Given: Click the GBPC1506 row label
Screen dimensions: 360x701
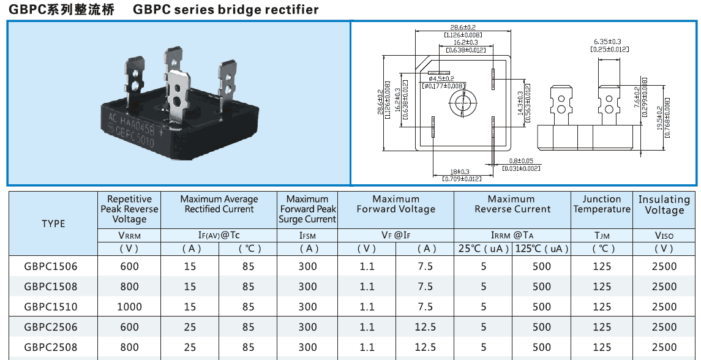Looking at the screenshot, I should pos(51,266).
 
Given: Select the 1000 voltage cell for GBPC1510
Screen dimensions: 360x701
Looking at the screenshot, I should pos(129,307).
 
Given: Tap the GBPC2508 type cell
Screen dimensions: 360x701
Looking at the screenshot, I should pos(51,347).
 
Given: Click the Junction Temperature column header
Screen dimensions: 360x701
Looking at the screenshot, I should pos(602,204).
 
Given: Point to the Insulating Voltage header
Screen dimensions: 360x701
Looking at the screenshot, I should pos(664,204).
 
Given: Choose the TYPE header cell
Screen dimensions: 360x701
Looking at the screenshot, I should pos(53,223).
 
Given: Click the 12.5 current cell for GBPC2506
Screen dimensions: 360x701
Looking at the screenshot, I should pos(425,327).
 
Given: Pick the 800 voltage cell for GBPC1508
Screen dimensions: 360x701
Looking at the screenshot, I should pos(129,287).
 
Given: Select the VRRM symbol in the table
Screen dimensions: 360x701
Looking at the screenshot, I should pos(129,235).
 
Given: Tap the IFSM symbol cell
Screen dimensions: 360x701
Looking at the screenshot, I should pos(308,235).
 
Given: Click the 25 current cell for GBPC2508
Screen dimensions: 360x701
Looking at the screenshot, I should pos(190,347).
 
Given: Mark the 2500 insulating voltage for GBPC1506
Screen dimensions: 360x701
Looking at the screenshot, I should pos(664,266).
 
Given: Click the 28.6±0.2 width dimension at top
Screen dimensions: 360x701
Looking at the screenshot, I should pos(463,28).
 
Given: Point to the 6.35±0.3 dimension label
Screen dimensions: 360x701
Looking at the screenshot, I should pos(608,41).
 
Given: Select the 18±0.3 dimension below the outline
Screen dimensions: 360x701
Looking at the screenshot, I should pos(461,171).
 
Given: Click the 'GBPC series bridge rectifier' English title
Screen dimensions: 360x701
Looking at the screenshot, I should pos(225,10).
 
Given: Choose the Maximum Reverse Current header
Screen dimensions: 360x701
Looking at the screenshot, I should pos(512,204).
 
